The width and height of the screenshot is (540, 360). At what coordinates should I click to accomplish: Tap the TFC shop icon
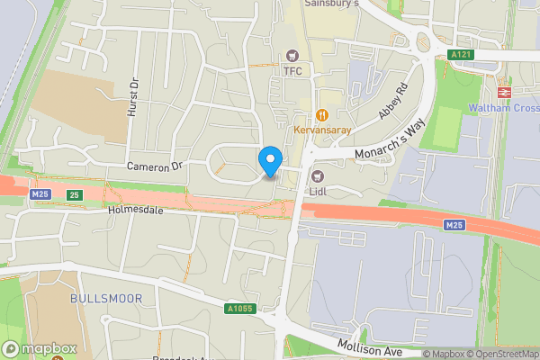pos(292,56)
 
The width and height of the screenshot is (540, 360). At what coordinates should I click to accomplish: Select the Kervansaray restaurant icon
pos(321,114)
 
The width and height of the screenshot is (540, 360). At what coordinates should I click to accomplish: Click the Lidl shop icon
pos(317,175)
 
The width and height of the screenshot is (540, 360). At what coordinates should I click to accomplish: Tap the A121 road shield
pos(462,55)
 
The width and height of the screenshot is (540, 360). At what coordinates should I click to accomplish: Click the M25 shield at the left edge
pos(39,193)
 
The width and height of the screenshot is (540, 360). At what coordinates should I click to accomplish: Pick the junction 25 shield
pos(75,194)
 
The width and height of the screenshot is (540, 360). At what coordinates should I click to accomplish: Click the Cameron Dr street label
pos(155,166)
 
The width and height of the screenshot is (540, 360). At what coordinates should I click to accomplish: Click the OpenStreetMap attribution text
pos(505,354)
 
